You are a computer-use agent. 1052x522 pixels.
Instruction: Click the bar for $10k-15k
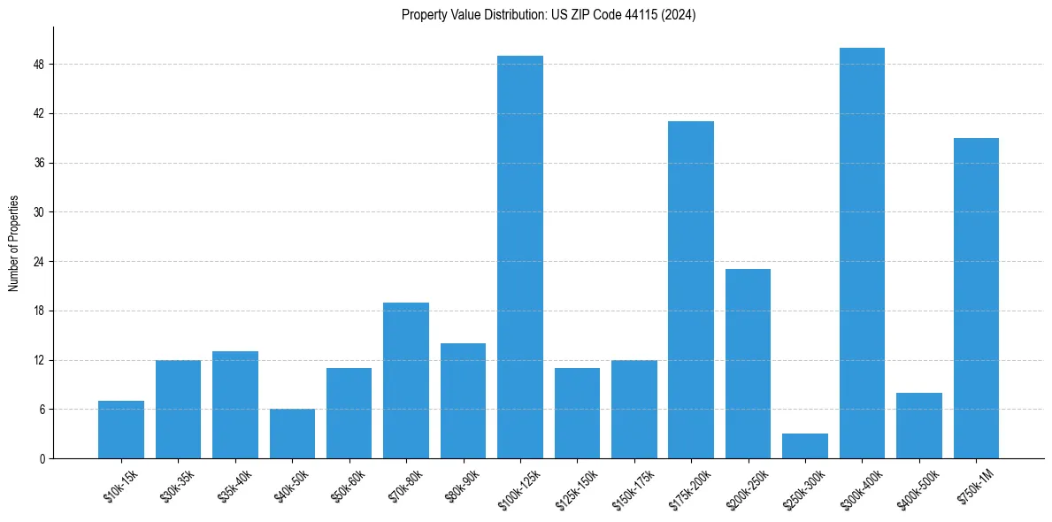point(121,430)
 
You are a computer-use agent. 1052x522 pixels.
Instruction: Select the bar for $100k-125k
point(520,257)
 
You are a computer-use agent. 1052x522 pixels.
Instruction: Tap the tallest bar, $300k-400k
point(862,253)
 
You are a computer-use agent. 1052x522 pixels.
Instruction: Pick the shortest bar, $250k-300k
point(805,446)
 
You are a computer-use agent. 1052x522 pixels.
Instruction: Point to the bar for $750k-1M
point(976,298)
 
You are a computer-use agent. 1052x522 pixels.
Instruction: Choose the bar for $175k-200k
point(691,290)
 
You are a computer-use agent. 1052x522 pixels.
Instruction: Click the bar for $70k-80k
point(406,380)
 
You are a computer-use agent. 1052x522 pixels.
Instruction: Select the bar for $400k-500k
point(919,426)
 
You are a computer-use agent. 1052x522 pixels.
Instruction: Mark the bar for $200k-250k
point(748,364)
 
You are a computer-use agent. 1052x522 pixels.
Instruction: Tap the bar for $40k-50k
point(292,434)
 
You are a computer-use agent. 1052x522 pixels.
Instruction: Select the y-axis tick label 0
point(42,459)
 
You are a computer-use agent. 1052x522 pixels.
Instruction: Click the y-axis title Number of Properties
point(14,243)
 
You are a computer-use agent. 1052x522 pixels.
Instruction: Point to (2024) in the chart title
point(679,15)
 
